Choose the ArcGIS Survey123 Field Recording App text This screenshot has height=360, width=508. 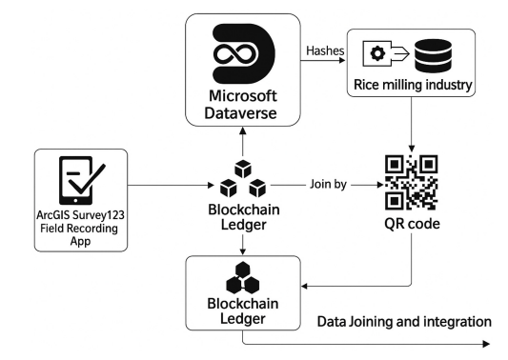coord(80,228)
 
